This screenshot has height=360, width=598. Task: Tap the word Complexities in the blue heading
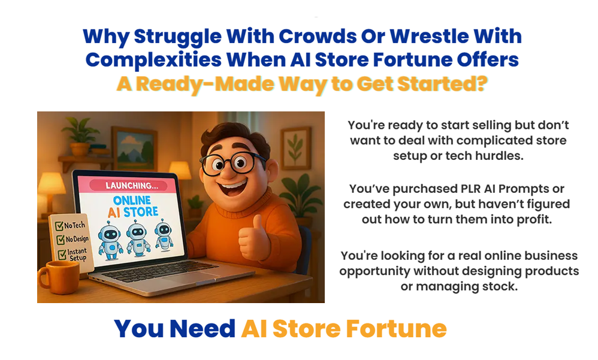pos(153,60)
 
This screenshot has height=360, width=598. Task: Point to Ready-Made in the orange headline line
pos(205,84)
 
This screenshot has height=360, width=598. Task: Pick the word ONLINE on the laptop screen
pos(132,200)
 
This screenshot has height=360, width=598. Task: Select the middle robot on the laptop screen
pos(136,238)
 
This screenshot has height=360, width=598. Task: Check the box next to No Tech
pos(59,226)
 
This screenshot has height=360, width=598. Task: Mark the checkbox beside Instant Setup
pos(62,255)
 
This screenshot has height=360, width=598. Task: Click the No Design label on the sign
pos(77,239)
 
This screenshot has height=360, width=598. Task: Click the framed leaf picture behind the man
pos(296,149)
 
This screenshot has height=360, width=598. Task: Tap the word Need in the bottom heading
pos(202,329)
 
